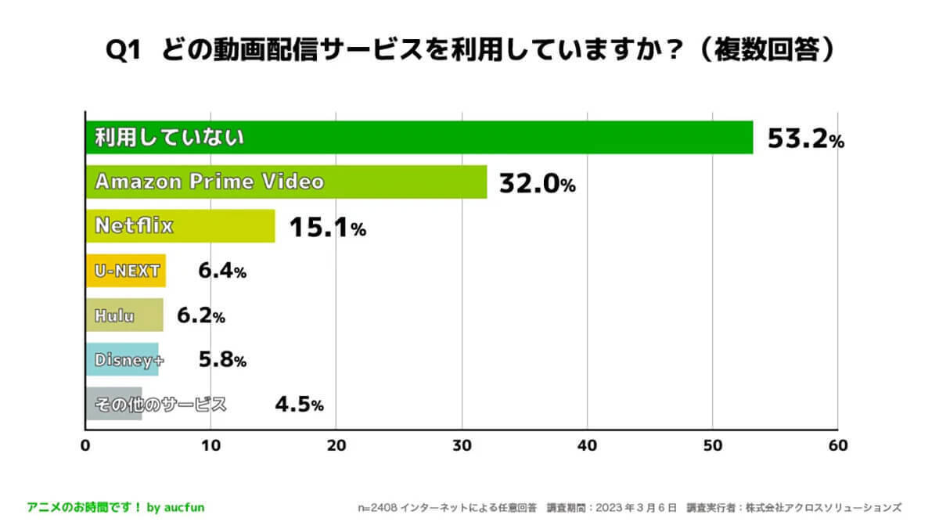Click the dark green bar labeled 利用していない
click(x=419, y=138)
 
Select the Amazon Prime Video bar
click(x=286, y=182)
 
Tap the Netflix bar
click(x=180, y=227)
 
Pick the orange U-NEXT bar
click(x=125, y=272)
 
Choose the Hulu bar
click(x=124, y=315)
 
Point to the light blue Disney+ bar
click(x=121, y=360)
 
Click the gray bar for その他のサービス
click(x=113, y=405)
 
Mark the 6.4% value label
click(x=222, y=272)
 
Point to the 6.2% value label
click(x=201, y=316)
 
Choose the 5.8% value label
click(x=222, y=360)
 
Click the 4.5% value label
click(x=299, y=405)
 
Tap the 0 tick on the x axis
click(x=85, y=445)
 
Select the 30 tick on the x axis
click(x=462, y=445)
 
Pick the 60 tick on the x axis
click(x=837, y=445)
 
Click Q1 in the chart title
click(x=124, y=52)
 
